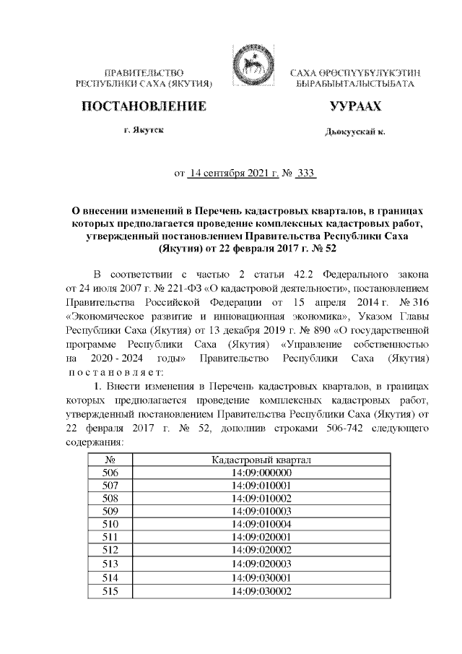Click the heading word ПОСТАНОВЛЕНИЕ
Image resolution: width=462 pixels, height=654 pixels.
tap(144, 107)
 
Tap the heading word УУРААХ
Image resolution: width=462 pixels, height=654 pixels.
tap(354, 107)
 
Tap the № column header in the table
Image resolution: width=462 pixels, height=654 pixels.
tap(111, 460)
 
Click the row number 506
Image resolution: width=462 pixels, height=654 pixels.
tap(111, 473)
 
